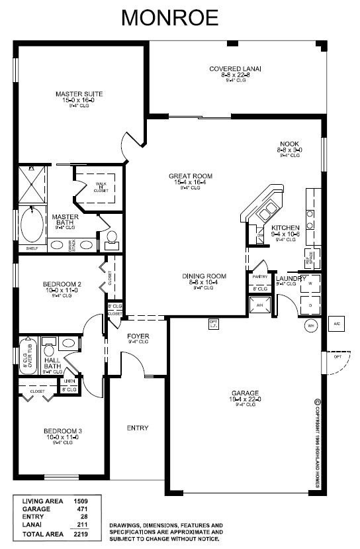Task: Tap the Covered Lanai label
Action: pyautogui.click(x=235, y=69)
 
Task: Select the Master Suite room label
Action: pyautogui.click(x=79, y=94)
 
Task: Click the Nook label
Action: pyautogui.click(x=289, y=144)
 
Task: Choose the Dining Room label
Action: pyautogui.click(x=205, y=276)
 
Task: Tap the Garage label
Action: pyautogui.click(x=245, y=392)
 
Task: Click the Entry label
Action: pyautogui.click(x=138, y=427)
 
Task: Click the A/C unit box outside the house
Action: pyautogui.click(x=336, y=324)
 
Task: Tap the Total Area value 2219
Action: pyautogui.click(x=81, y=532)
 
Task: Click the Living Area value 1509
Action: pyautogui.click(x=81, y=501)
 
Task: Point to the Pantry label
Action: pyautogui.click(x=259, y=277)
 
